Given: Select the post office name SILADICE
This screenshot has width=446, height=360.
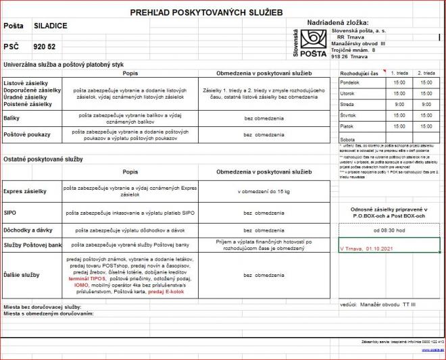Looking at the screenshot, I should tap(50, 26).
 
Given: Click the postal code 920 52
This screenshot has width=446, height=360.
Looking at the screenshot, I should tap(45, 48).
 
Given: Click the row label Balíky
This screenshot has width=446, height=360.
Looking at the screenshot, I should tap(14, 117).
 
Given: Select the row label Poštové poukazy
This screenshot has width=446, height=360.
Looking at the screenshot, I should tap(27, 134).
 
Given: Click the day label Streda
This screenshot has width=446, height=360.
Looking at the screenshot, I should tap(347, 105).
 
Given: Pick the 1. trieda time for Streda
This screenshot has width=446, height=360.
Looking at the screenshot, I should tap(399, 105).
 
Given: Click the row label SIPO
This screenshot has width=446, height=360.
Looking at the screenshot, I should tap(10, 212).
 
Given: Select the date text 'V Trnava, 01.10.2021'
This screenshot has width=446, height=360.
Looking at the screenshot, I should tap(366, 248).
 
